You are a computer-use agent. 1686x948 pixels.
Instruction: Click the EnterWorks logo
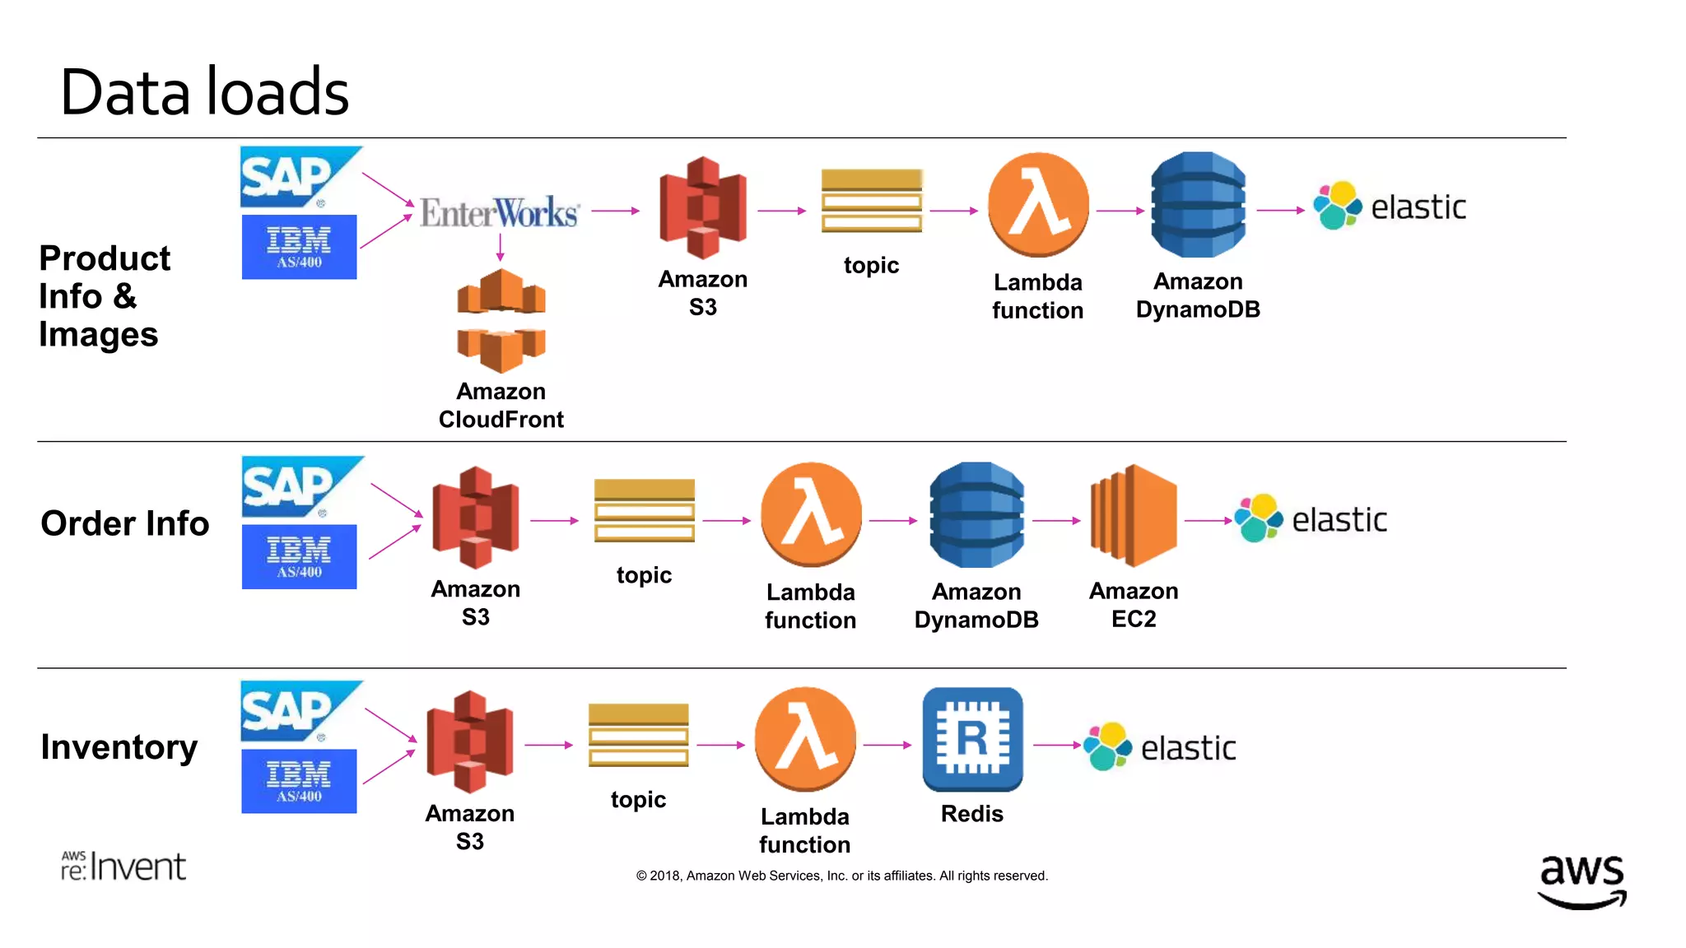pyautogui.click(x=500, y=212)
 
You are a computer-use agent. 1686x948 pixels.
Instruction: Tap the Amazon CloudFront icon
pyautogui.click(x=501, y=320)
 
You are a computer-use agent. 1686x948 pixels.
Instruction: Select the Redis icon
pyautogui.click(x=972, y=739)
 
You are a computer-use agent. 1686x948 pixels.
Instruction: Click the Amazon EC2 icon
pyautogui.click(x=1134, y=516)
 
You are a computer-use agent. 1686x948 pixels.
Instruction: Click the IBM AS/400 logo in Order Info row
pyautogui.click(x=299, y=557)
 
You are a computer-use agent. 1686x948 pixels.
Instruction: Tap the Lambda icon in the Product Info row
pyautogui.click(x=1037, y=204)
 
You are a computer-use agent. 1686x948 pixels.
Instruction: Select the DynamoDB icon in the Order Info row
pyautogui.click(x=976, y=515)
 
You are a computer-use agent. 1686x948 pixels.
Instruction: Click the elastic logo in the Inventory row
pyautogui.click(x=1160, y=746)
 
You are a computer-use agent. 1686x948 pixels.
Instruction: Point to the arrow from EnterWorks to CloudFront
pyautogui.click(x=500, y=247)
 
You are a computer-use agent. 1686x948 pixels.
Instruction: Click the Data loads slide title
pyautogui.click(x=205, y=91)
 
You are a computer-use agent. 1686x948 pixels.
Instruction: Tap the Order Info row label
pyautogui.click(x=125, y=523)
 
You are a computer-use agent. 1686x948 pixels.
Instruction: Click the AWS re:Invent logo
pyautogui.click(x=123, y=866)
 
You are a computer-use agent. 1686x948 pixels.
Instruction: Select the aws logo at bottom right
pyautogui.click(x=1581, y=880)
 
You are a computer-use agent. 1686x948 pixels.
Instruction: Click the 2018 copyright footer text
pyautogui.click(x=841, y=876)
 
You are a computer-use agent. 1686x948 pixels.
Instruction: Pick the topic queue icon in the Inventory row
pyautogui.click(x=638, y=735)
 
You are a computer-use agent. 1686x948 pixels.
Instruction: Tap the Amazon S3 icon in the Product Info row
pyautogui.click(x=702, y=207)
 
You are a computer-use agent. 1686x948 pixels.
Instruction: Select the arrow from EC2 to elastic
pyautogui.click(x=1208, y=521)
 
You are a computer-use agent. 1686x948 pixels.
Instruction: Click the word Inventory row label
pyautogui.click(x=119, y=747)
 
